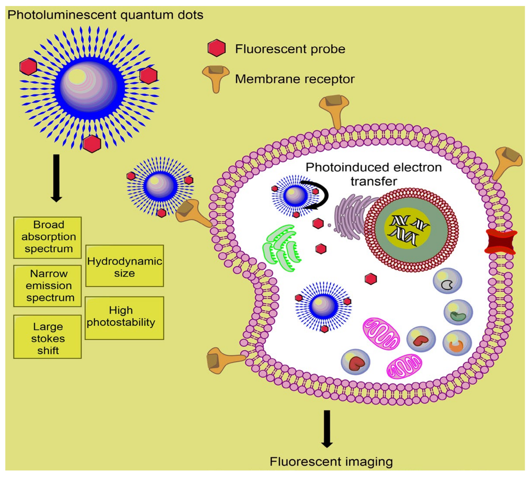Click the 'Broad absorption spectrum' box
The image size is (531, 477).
[47, 237]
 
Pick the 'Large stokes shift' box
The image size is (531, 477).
[47, 337]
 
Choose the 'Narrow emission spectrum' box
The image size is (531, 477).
[47, 286]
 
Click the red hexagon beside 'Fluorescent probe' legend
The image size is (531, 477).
[216, 48]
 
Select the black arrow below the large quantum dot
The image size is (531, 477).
[56, 178]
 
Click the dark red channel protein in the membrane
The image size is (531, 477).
[501, 242]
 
